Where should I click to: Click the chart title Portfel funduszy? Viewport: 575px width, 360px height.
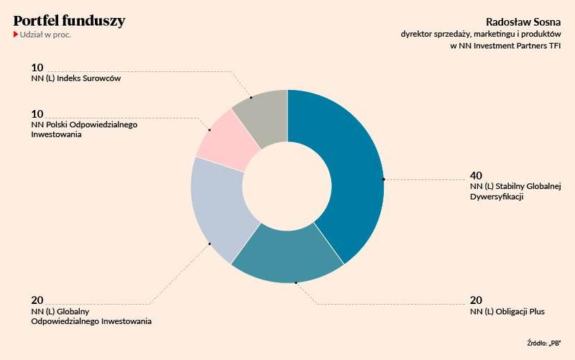coord(69,21)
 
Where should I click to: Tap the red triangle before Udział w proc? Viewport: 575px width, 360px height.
coord(16,34)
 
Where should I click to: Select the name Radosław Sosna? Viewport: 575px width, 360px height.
coord(529,21)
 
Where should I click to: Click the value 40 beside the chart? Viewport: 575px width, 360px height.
coord(476,175)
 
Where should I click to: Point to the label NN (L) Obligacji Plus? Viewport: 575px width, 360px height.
coord(507,312)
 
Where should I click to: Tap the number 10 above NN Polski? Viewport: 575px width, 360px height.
coord(37,114)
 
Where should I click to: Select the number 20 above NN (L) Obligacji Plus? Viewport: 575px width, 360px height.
coord(476,300)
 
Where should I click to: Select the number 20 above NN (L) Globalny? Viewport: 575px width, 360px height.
coord(37,300)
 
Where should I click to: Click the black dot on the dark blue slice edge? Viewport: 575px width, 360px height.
coord(384,178)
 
